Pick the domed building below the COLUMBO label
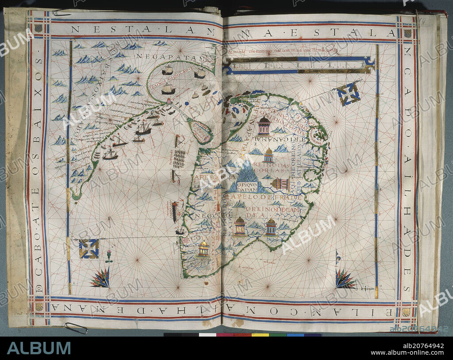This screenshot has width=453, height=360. tap(203, 249)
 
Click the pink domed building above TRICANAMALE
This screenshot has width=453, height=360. tap(264, 126)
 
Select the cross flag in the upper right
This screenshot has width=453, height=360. tap(348, 94)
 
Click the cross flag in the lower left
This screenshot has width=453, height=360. tap(88, 249)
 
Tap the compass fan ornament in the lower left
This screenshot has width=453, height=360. tap(101, 279)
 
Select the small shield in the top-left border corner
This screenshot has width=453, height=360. tap(38, 27)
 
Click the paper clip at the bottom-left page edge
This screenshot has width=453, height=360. tap(76, 328)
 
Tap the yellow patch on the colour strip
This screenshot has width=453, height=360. tap(260, 335)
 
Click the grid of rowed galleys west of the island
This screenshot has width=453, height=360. tap(179, 158)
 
